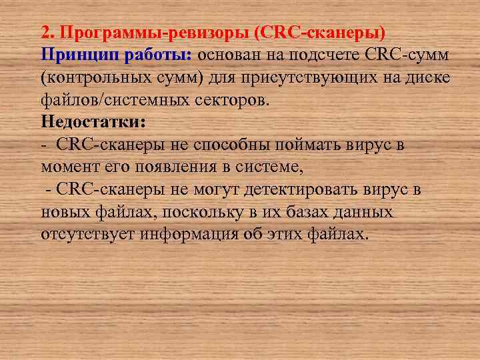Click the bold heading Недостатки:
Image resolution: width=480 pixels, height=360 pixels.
coord(92,123)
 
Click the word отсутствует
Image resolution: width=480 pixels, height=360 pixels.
coord(84,235)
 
